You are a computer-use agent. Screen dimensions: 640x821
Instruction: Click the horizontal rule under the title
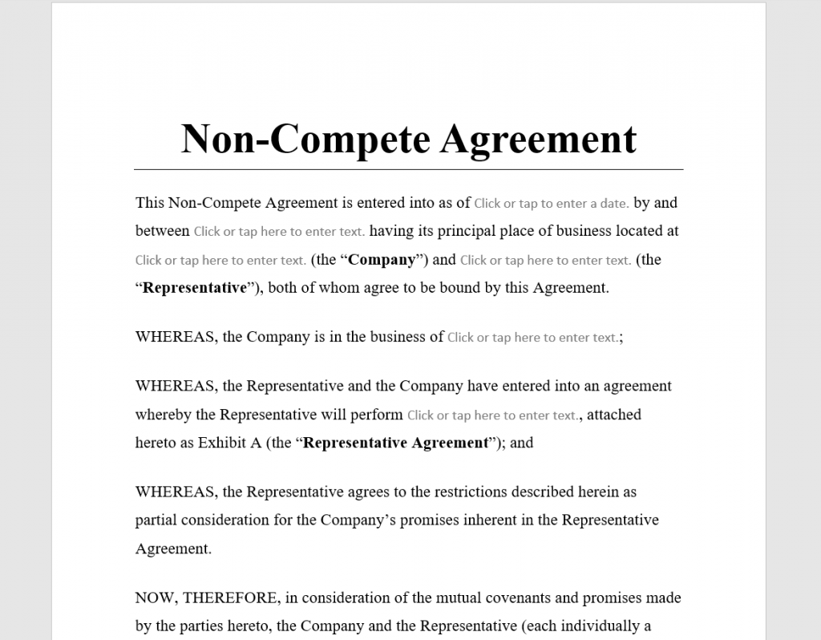(409, 169)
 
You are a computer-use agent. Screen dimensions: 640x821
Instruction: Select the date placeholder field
(552, 204)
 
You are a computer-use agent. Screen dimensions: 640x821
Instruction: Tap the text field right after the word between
(279, 232)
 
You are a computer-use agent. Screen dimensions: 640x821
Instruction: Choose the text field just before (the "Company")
(220, 260)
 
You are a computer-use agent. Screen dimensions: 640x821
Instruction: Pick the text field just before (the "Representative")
(545, 260)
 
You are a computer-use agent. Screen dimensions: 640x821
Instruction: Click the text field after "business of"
(533, 338)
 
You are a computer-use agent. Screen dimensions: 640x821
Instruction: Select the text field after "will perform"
(492, 415)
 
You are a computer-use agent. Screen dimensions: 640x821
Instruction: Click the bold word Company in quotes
(382, 260)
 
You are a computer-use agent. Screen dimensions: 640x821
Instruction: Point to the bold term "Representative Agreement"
(396, 443)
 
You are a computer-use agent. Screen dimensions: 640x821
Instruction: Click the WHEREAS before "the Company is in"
(176, 337)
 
